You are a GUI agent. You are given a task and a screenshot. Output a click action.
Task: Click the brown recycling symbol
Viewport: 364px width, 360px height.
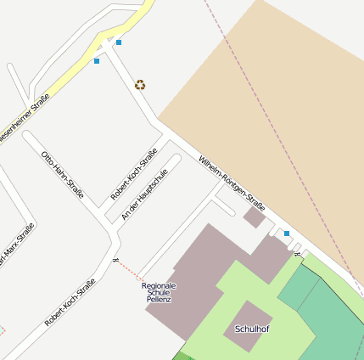140,85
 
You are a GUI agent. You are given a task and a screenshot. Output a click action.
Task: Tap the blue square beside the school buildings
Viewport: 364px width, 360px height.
287,233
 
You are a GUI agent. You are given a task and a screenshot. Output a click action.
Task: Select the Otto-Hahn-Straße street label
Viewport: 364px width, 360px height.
63,175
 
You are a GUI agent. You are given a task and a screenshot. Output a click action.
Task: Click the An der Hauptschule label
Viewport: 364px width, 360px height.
144,194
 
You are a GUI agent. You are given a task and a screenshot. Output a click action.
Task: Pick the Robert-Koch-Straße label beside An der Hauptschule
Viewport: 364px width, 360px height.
134,173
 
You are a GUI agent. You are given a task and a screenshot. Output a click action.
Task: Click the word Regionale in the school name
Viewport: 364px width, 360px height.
159,285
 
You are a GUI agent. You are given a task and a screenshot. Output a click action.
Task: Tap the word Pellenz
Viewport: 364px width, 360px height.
159,300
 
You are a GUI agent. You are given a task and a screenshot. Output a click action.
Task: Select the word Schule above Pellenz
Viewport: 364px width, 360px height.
159,293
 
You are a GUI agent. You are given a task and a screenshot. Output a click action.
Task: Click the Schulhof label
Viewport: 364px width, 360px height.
252,329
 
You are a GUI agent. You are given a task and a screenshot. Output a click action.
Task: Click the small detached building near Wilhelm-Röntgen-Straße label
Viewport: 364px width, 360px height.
254,217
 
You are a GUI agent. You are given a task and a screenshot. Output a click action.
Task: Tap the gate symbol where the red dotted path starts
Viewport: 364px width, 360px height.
115,261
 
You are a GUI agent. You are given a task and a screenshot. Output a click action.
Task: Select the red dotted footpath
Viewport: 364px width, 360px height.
129,269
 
